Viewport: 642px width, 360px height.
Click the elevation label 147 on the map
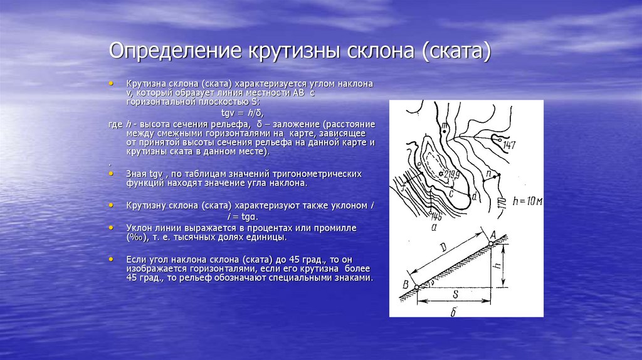click(508, 146)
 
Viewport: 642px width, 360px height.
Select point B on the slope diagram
click(405, 287)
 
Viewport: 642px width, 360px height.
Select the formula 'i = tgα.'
click(243, 216)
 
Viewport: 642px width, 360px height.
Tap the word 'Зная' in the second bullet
click(136, 173)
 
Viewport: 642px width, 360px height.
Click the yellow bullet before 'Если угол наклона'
click(111, 258)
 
